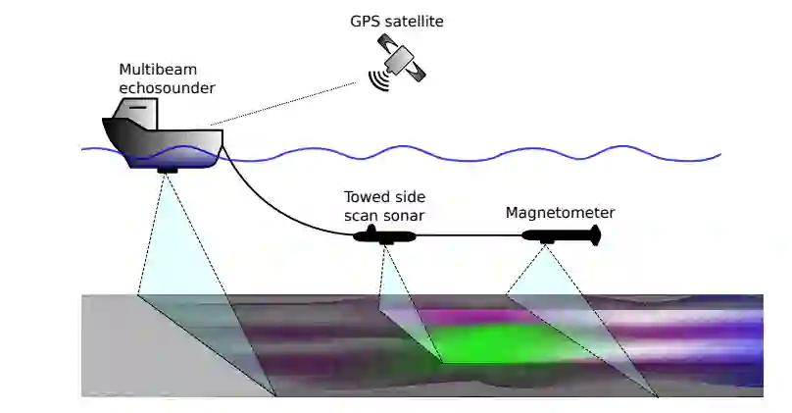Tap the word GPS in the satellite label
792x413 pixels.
(365, 20)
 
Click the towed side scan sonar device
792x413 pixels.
(384, 236)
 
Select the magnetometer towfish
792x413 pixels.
(559, 235)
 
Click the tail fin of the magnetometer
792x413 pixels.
(593, 234)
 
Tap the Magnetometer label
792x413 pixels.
(560, 212)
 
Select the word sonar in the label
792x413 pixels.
(406, 215)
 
